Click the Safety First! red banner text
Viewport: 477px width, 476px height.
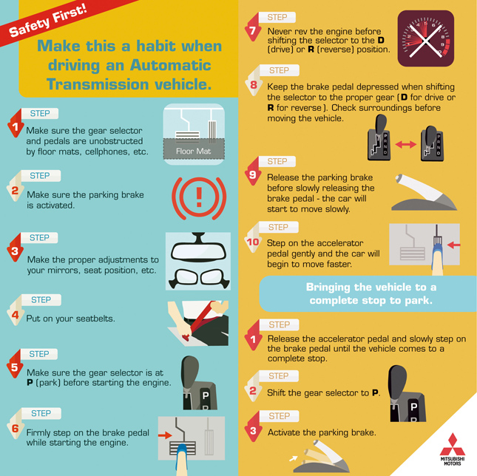click(48, 21)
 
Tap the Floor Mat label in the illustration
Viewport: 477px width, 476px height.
click(194, 151)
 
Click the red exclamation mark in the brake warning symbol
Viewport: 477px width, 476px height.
click(199, 197)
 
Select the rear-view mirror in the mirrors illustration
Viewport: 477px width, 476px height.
click(198, 248)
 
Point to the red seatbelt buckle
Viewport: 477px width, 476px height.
click(186, 337)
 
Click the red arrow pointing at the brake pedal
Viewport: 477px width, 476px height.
click(165, 435)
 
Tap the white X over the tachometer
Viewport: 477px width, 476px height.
click(425, 41)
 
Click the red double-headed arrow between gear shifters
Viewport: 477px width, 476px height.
click(406, 144)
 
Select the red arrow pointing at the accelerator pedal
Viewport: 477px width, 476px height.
click(453, 245)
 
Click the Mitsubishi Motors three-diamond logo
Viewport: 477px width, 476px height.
click(453, 444)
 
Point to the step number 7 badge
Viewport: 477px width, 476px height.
click(252, 30)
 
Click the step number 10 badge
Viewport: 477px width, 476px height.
click(253, 242)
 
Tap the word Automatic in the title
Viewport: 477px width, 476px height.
click(170, 65)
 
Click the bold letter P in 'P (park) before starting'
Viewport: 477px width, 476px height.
click(30, 382)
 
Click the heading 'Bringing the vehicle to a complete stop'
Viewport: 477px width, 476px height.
click(371, 293)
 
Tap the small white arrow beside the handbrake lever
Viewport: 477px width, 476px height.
click(294, 458)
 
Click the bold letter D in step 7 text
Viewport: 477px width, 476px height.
click(381, 40)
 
